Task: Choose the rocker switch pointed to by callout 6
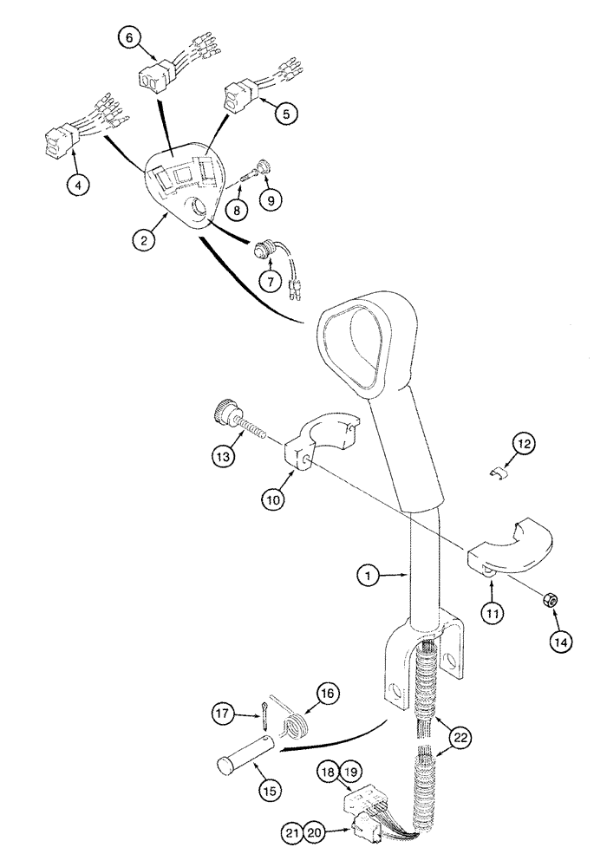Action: click(157, 78)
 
